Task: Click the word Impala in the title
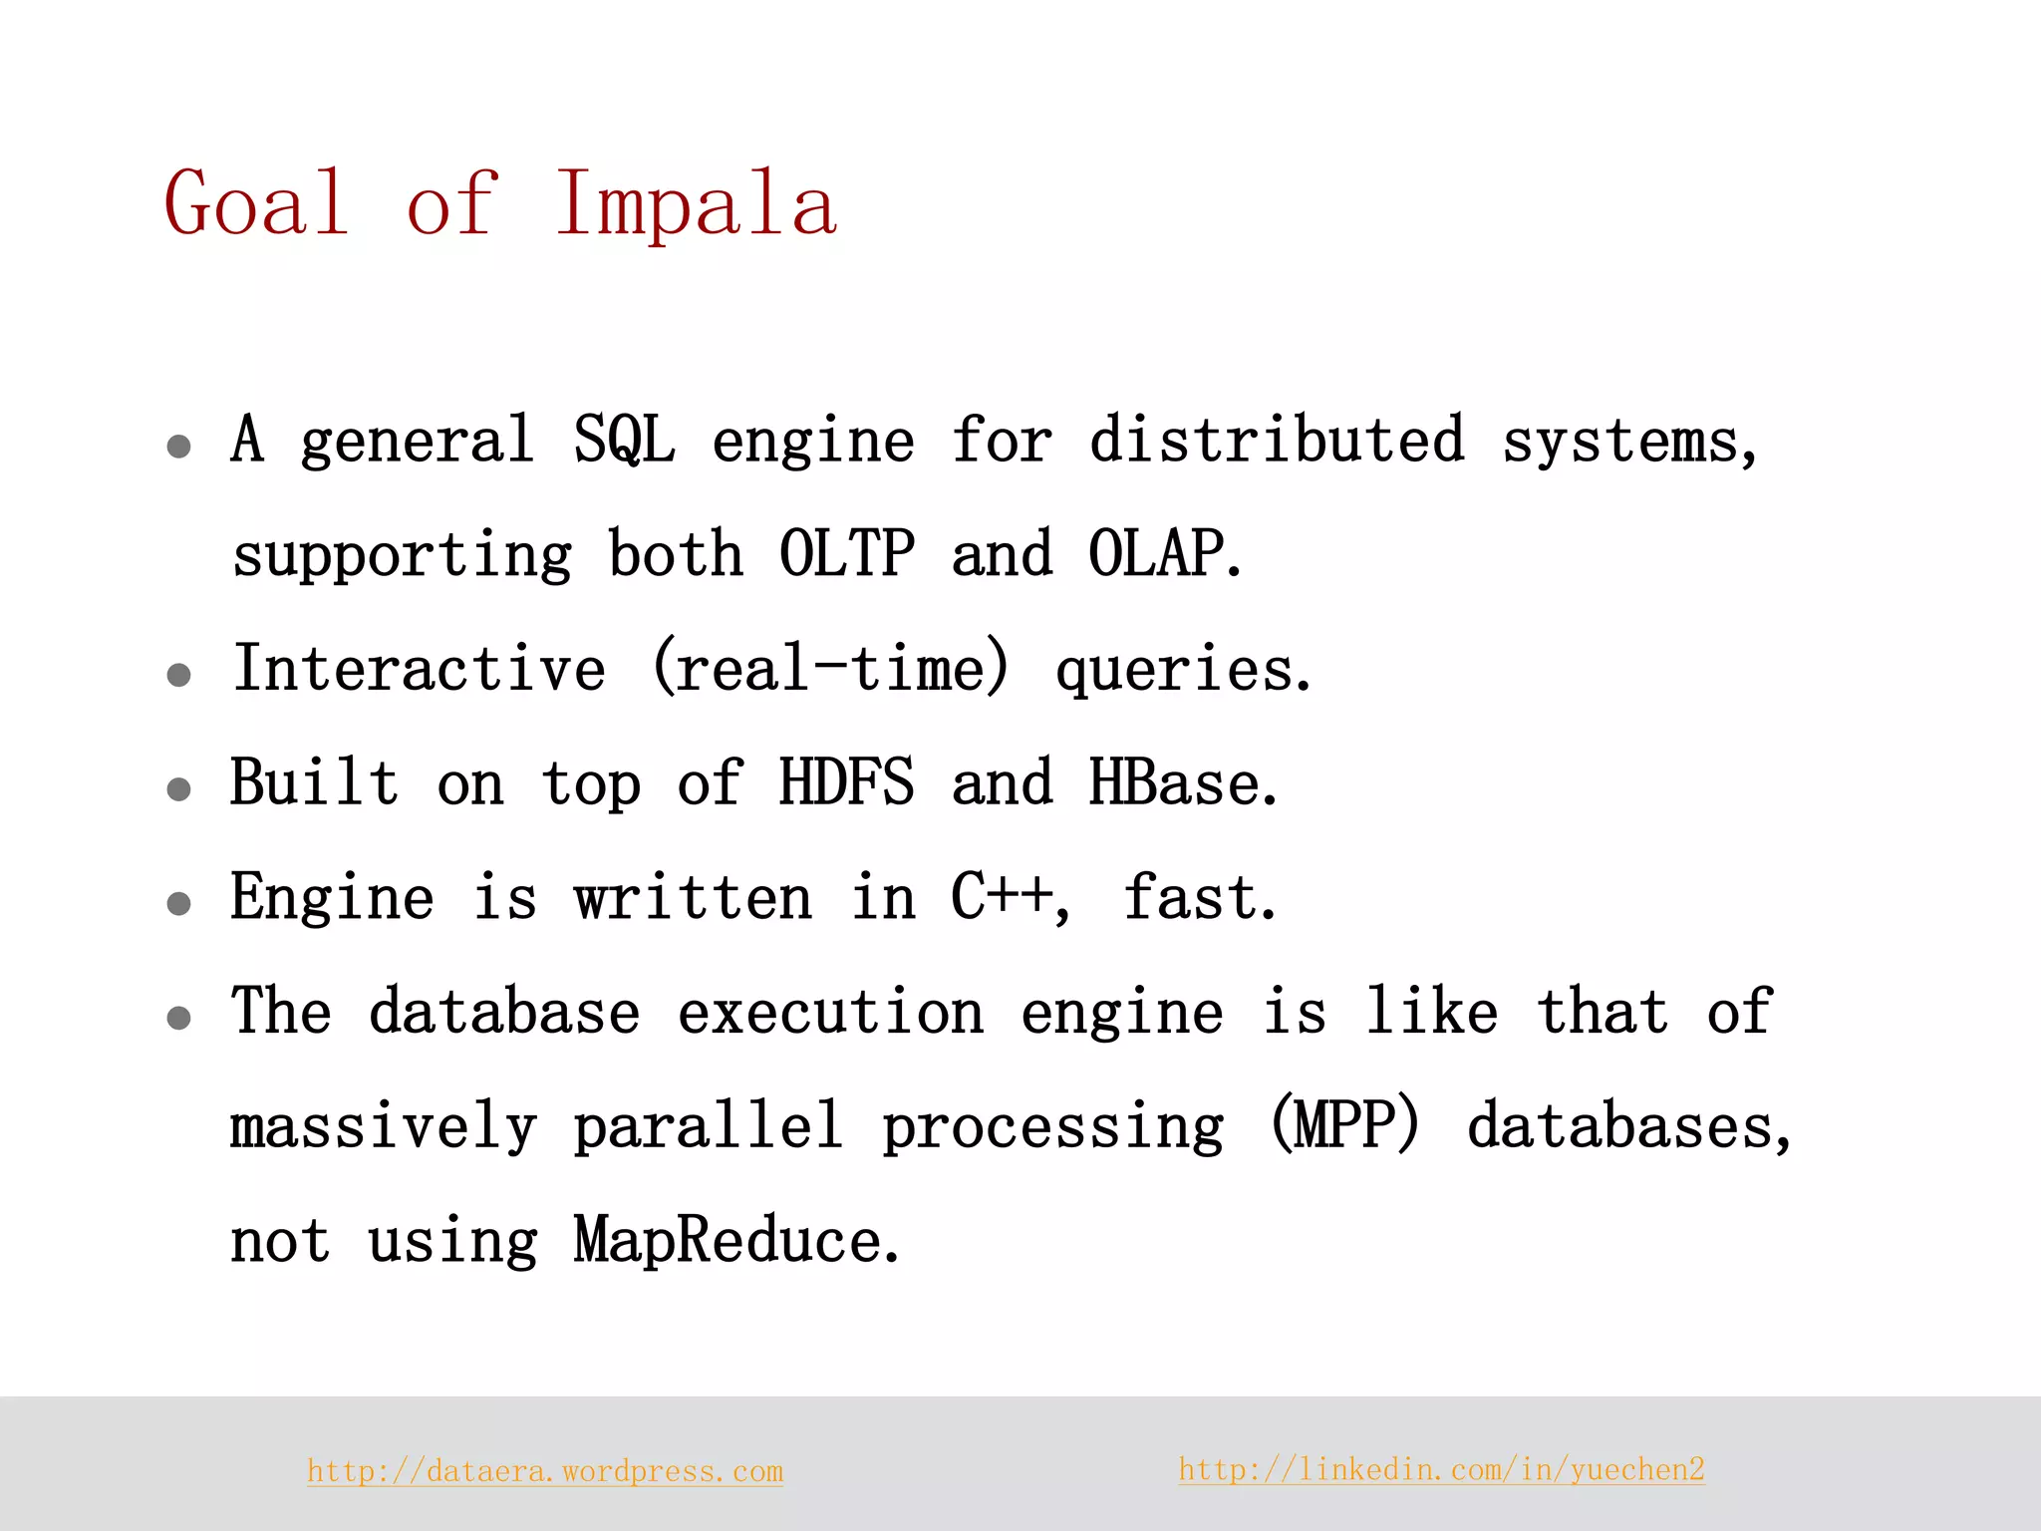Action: click(696, 203)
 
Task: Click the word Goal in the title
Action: click(256, 203)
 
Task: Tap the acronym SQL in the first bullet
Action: click(624, 440)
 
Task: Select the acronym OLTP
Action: click(846, 553)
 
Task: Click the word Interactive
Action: click(419, 668)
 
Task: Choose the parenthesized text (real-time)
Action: click(830, 668)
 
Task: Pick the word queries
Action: click(1182, 670)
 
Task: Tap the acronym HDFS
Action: click(846, 782)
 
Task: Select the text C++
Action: click(1002, 896)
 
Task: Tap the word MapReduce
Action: click(735, 1240)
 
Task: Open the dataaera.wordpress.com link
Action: click(545, 1471)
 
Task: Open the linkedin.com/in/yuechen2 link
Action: click(1441, 1469)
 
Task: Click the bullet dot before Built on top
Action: click(179, 789)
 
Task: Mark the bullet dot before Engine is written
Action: click(179, 904)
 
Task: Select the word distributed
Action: click(1277, 440)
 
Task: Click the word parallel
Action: click(708, 1125)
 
